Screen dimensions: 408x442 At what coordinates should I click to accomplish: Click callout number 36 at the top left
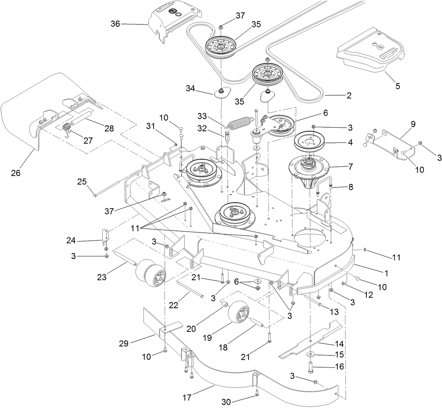click(115, 24)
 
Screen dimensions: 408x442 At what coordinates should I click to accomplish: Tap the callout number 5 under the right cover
click(398, 86)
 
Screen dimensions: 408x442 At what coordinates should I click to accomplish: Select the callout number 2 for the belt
click(349, 96)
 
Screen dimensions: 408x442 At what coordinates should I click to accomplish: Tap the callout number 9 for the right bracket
click(413, 124)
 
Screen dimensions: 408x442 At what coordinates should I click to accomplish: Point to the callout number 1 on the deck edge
click(386, 273)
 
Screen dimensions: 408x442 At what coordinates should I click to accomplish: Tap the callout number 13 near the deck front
click(334, 312)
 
